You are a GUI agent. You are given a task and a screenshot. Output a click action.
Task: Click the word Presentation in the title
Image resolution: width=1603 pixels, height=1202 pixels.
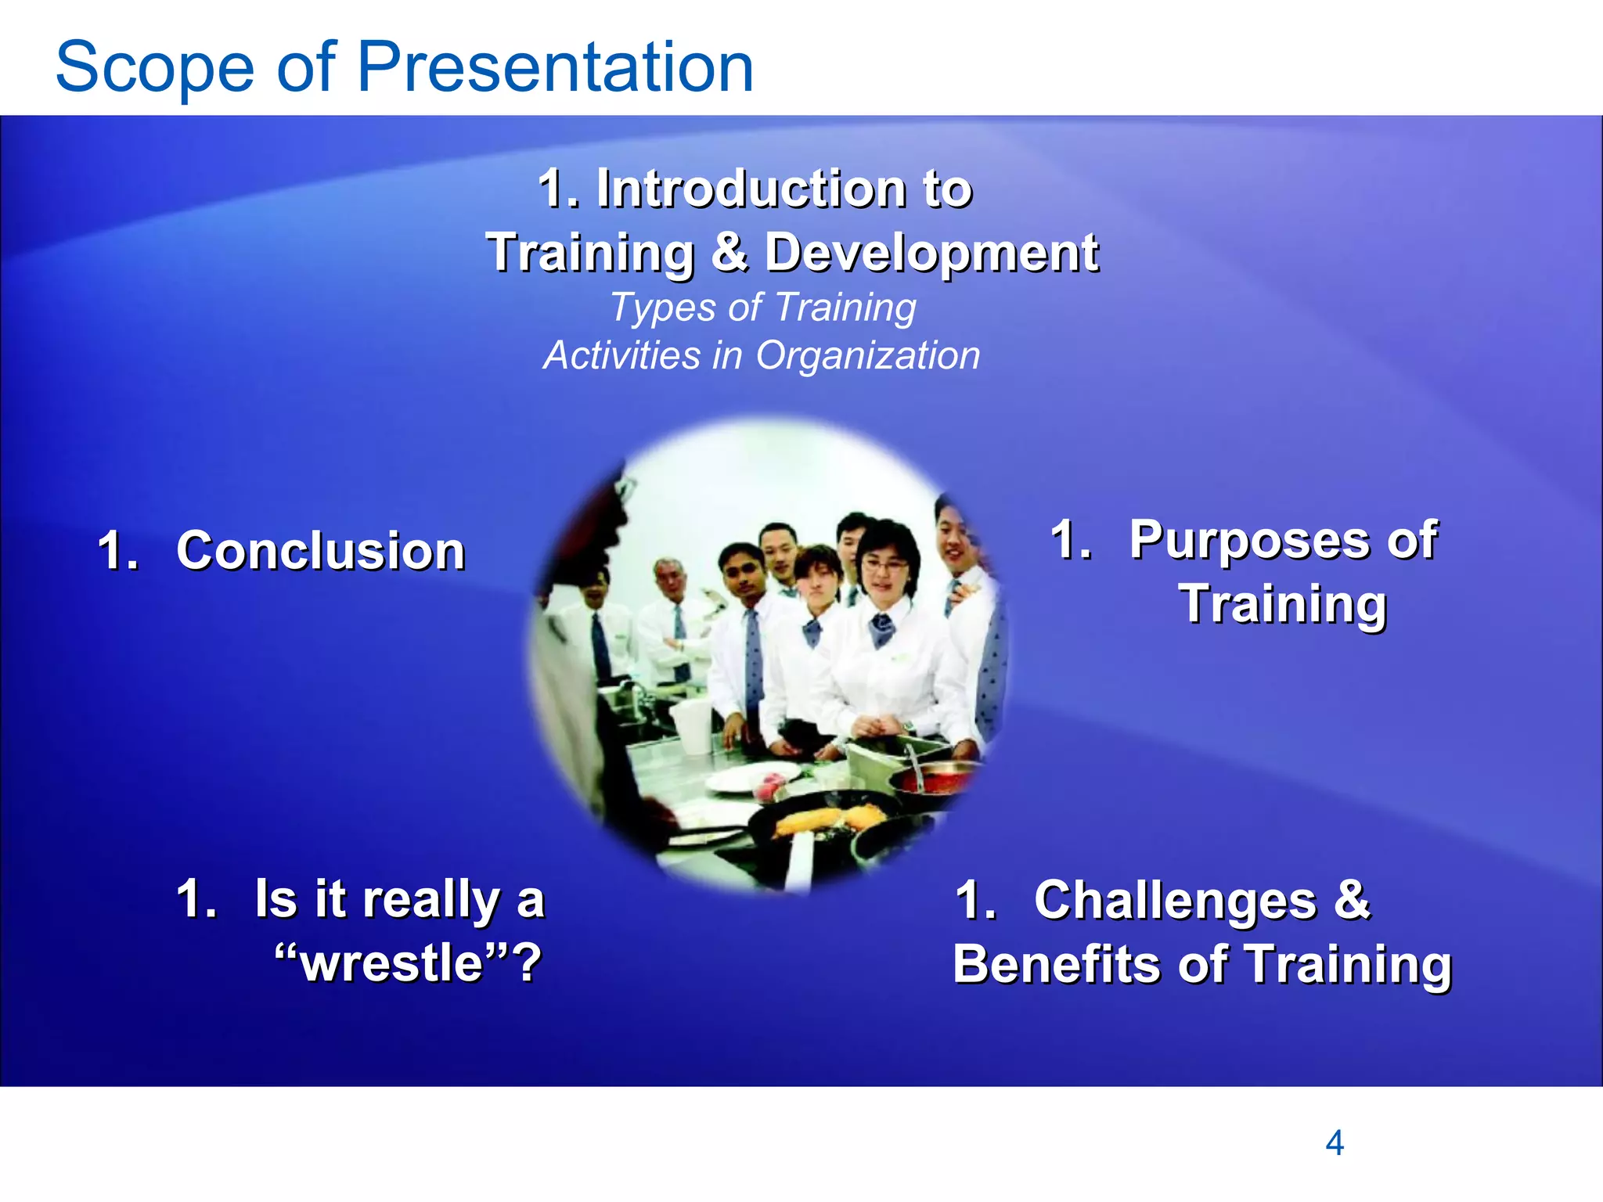pos(555,67)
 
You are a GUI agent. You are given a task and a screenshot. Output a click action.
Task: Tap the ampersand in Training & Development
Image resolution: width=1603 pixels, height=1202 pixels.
pos(729,252)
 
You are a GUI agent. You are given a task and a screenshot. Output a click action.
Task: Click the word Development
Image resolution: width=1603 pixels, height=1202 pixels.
pos(931,252)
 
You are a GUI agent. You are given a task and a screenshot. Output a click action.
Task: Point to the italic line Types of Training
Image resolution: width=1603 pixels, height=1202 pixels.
pos(762,307)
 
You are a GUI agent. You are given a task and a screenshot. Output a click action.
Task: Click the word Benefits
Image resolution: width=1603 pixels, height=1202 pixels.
pos(1057,964)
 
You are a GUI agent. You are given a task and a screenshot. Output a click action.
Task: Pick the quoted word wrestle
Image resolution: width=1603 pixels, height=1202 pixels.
pos(391,963)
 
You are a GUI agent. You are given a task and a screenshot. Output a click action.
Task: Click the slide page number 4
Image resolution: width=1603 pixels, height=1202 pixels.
pos(1334,1143)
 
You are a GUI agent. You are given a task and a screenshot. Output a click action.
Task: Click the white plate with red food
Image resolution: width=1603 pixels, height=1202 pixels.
pos(751,779)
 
